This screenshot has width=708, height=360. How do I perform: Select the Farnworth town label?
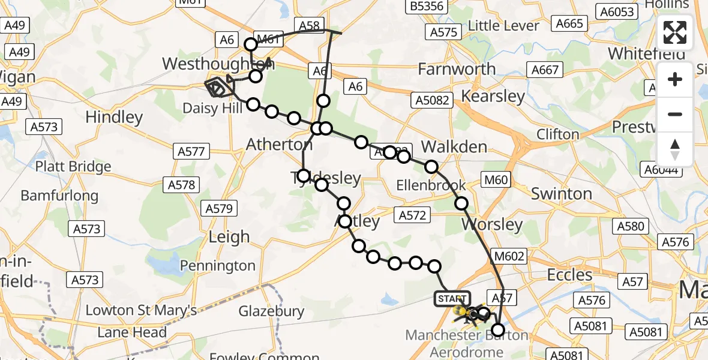coord(457,69)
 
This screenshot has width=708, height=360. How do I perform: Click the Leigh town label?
coord(229,237)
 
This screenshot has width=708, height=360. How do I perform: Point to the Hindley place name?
coord(114,117)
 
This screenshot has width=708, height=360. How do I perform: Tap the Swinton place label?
coord(561,194)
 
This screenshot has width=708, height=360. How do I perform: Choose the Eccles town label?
coord(569,275)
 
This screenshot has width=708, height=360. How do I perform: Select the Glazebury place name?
coord(271,311)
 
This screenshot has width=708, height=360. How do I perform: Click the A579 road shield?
coord(219,208)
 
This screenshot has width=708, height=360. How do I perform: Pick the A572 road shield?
coord(412,215)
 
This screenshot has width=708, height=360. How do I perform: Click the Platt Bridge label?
coord(73,166)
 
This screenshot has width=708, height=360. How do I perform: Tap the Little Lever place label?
coord(503,25)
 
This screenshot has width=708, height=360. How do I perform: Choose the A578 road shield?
coord(182,185)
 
